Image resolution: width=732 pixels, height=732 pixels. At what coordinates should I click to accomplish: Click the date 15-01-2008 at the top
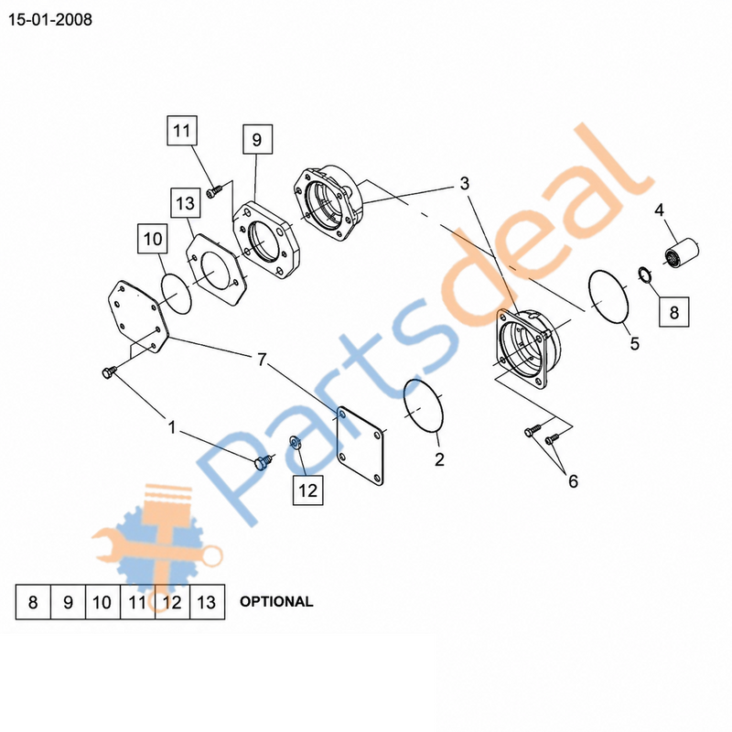click(50, 20)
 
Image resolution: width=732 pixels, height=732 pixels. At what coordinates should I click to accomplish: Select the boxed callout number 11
click(182, 130)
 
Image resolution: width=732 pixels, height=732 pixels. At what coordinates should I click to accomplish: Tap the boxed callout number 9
click(257, 139)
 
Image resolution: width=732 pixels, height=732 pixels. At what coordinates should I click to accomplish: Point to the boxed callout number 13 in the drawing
click(186, 203)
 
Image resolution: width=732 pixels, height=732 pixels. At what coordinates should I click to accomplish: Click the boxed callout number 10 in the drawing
click(153, 239)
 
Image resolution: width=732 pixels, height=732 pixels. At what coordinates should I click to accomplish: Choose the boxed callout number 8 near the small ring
click(673, 312)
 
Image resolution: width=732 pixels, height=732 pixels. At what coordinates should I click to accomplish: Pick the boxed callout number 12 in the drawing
click(307, 490)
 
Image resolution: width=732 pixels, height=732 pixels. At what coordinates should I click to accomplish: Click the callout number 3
click(464, 184)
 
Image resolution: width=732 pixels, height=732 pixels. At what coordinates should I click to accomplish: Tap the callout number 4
click(659, 210)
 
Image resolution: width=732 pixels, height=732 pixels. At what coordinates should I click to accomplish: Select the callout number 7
click(262, 360)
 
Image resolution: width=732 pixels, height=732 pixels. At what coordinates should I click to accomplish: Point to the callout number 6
click(574, 481)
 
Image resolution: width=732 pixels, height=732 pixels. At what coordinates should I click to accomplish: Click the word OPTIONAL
click(276, 602)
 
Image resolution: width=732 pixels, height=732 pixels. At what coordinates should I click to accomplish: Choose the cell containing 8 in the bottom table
click(33, 602)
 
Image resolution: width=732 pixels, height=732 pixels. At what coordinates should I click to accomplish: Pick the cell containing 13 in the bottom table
click(208, 602)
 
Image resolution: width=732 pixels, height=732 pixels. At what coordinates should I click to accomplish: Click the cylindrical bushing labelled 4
click(682, 253)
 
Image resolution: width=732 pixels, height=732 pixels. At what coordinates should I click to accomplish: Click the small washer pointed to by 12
click(295, 441)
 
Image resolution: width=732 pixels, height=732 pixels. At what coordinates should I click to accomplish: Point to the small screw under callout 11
click(214, 191)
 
